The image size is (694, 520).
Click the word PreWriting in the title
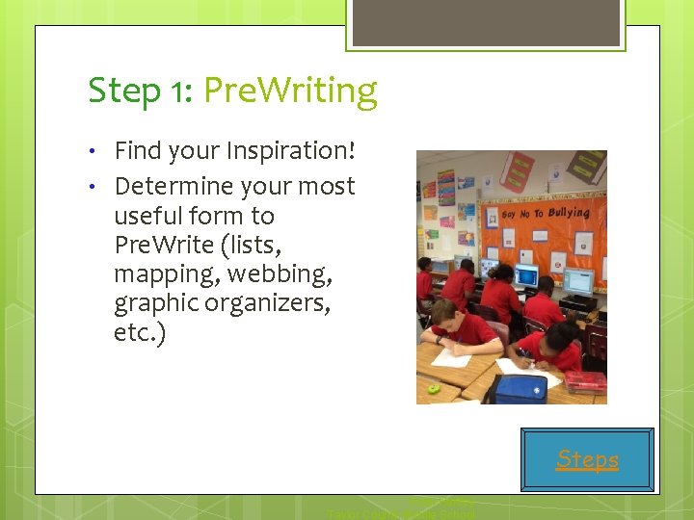pos(291,91)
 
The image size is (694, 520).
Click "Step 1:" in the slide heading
pos(141,91)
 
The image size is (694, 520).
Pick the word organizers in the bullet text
pos(273,303)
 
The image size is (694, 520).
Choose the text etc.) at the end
pos(140,332)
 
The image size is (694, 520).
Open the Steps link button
pos(587,459)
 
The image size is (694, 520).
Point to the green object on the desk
pos(434,388)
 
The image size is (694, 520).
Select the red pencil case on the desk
pos(585,381)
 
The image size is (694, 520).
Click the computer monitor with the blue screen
pos(526,276)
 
